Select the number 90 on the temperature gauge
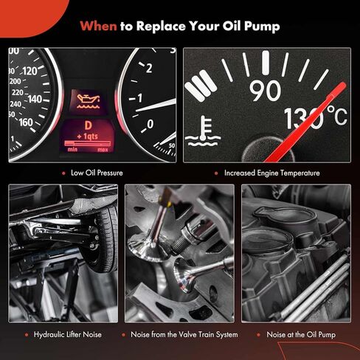coord(266,91)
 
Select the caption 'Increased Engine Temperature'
coord(272,173)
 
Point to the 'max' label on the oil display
coord(103,150)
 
